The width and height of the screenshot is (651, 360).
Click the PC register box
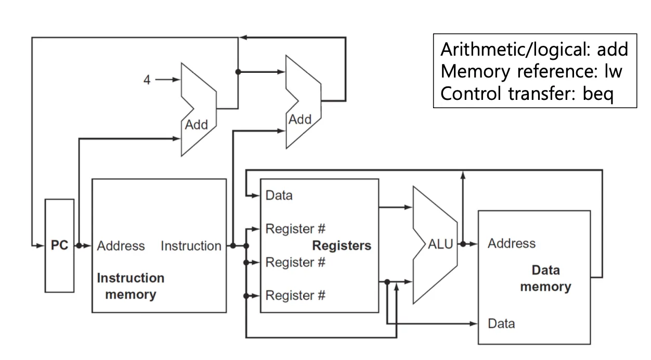(59, 246)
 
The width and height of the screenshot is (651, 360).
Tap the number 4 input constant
(147, 80)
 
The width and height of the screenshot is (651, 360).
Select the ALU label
(440, 245)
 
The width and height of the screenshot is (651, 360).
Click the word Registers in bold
(342, 246)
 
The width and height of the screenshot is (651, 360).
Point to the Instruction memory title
(131, 286)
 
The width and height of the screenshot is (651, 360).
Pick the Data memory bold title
(545, 278)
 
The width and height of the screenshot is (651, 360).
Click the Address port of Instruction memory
(121, 246)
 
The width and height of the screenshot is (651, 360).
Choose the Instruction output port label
(191, 246)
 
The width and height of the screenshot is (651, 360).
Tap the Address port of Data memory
(511, 243)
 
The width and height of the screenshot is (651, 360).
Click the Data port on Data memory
(501, 324)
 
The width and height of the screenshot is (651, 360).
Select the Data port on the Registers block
(279, 196)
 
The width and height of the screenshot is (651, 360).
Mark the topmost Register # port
(295, 229)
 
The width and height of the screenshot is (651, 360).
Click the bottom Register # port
(295, 295)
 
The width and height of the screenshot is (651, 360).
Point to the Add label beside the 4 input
(197, 125)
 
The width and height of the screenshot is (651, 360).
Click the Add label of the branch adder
(300, 120)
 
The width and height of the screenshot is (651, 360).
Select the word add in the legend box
(613, 49)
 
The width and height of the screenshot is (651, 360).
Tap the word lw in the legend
(613, 72)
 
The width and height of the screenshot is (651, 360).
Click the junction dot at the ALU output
(463, 243)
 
